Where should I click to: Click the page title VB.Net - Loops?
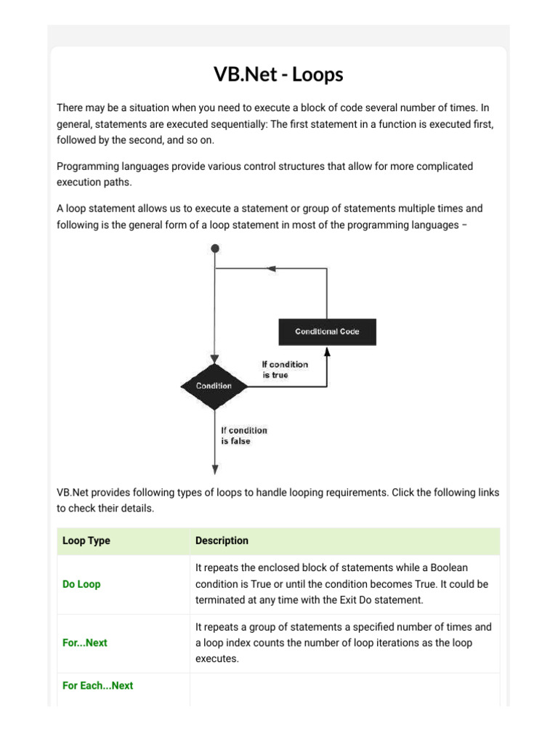coord(278,74)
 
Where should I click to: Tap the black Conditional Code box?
coord(328,332)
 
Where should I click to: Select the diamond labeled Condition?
coord(214,386)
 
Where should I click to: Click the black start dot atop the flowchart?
coord(214,248)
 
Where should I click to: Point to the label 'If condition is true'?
coord(285,370)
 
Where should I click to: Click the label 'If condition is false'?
coord(244,435)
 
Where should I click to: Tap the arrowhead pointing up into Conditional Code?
coord(327,351)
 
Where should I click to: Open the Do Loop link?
coord(81,584)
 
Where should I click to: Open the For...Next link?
coord(84,643)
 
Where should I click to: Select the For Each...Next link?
coord(97,685)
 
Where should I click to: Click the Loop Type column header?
coord(86,541)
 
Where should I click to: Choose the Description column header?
coord(222,541)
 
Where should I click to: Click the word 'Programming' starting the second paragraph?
coord(86,166)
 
